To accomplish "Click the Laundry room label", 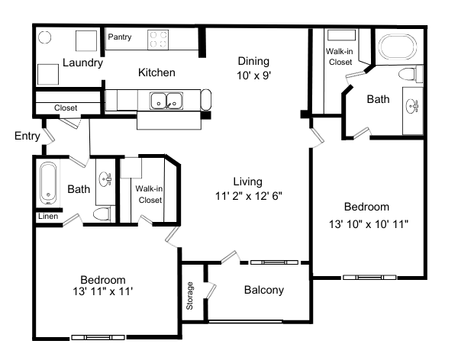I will click(x=82, y=63).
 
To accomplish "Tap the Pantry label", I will click(x=119, y=37).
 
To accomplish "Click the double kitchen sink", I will click(x=166, y=100).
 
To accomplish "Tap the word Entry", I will click(x=27, y=136).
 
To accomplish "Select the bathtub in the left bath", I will click(x=49, y=184).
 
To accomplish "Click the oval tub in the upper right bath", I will click(x=395, y=48).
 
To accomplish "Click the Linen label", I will click(x=47, y=217).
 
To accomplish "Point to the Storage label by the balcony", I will click(x=190, y=297).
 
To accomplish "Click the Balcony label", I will click(x=263, y=290).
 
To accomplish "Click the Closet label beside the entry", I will click(x=66, y=108).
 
